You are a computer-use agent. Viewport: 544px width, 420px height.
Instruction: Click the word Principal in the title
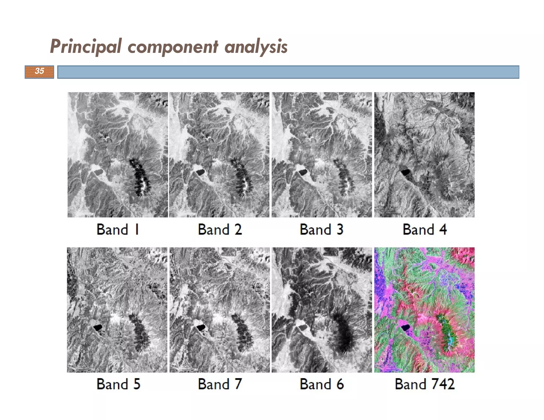click(x=86, y=47)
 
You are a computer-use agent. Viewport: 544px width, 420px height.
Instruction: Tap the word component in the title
click(x=173, y=47)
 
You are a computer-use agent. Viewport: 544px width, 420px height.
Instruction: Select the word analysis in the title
click(x=256, y=47)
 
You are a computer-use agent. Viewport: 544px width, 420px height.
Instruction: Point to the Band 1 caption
click(x=118, y=229)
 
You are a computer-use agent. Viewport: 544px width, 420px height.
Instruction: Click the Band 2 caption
click(x=220, y=229)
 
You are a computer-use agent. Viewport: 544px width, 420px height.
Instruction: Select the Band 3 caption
click(x=321, y=229)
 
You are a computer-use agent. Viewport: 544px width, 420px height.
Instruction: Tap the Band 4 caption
click(x=424, y=229)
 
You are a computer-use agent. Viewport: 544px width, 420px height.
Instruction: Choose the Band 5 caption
click(x=118, y=384)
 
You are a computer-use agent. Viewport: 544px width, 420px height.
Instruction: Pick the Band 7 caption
click(x=220, y=384)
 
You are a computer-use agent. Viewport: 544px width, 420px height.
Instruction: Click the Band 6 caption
click(x=322, y=384)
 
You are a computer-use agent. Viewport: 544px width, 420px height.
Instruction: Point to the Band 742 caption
click(x=424, y=384)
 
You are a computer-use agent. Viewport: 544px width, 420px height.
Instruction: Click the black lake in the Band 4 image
click(x=405, y=173)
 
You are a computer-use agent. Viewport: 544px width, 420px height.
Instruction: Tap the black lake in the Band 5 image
click(x=98, y=327)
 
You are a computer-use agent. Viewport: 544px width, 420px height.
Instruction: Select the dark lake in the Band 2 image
click(x=200, y=172)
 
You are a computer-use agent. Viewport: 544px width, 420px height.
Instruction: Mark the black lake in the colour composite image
click(x=405, y=328)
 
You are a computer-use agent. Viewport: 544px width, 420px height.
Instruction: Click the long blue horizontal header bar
click(x=288, y=72)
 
